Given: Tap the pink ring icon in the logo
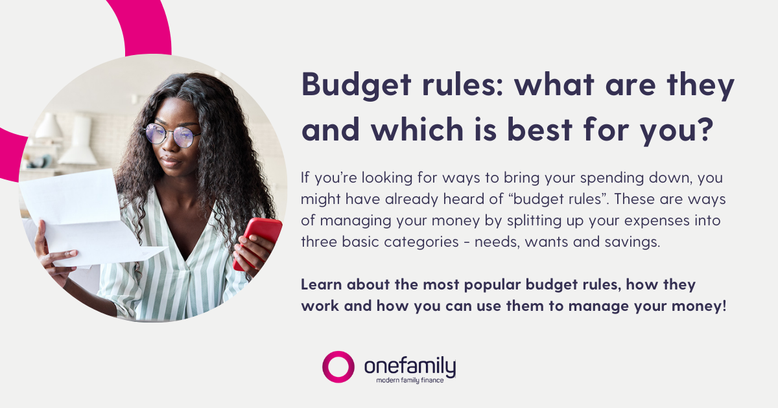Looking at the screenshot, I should tap(338, 367).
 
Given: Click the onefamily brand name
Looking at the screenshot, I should tap(410, 365).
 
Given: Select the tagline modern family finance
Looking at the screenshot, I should tap(410, 380).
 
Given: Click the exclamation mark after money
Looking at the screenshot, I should tap(724, 305).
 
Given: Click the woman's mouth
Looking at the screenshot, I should tap(171, 159).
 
